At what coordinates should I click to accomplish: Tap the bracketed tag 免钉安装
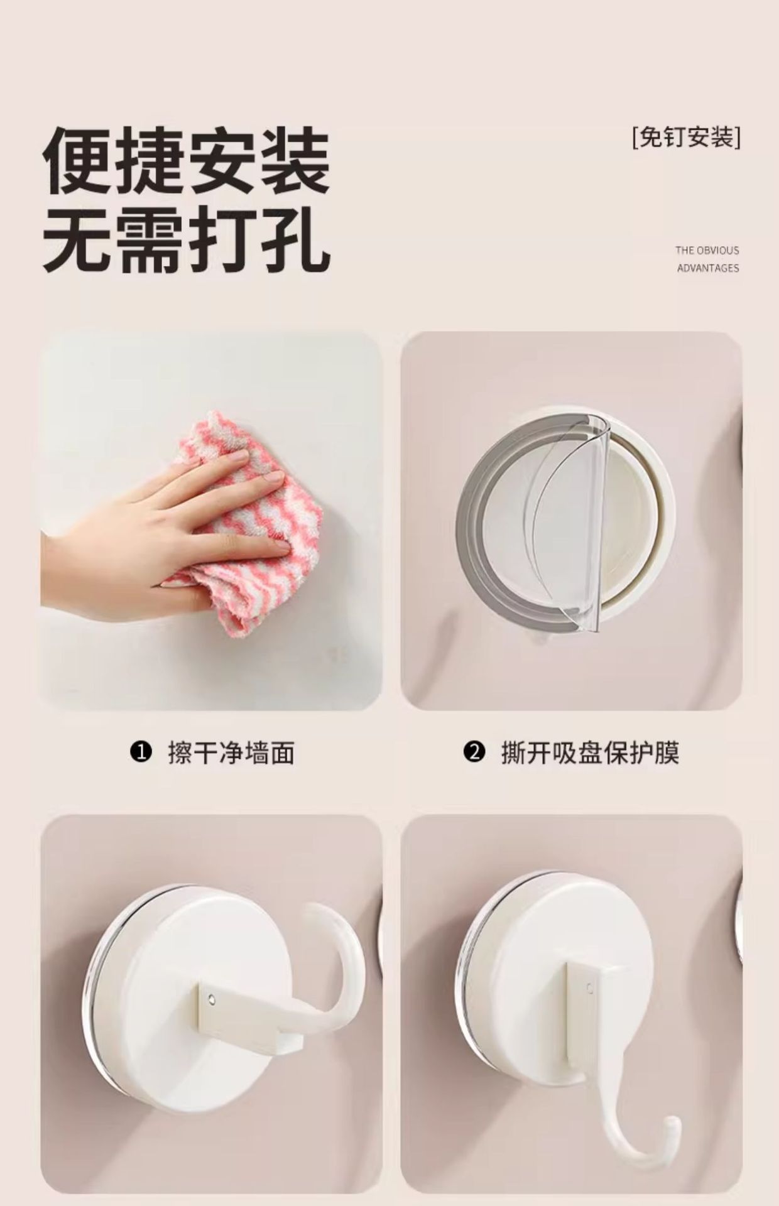pyautogui.click(x=687, y=137)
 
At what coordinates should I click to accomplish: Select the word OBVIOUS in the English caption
pyautogui.click(x=718, y=250)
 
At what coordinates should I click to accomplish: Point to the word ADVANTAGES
pyautogui.click(x=708, y=268)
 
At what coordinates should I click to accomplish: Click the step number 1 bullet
pyautogui.click(x=141, y=751)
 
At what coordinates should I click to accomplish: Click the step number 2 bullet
pyautogui.click(x=474, y=751)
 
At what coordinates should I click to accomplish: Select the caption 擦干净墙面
pyautogui.click(x=231, y=752)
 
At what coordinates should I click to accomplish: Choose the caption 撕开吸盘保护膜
pyautogui.click(x=590, y=752)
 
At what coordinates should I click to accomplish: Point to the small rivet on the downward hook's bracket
pyautogui.click(x=589, y=987)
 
